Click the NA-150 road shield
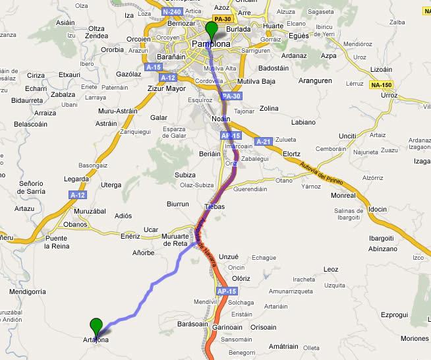tap(381, 85)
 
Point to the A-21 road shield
tap(263, 141)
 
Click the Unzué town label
tap(227, 256)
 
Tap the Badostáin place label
tap(275, 67)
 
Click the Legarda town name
tap(76, 179)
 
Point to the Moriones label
tap(415, 338)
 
